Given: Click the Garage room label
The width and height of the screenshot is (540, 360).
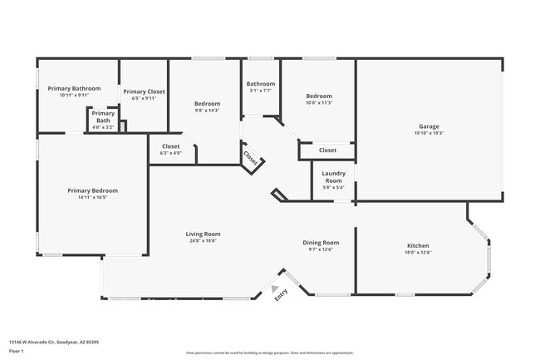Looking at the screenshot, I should pos(429,126).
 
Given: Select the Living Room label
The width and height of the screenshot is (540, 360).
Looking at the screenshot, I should pos(203,234).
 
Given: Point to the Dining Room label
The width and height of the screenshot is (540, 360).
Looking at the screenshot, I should pos(320,243).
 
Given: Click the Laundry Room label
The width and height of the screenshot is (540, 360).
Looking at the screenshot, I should pos(333,177).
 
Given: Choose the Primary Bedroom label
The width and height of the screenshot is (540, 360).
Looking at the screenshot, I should pos(92,190).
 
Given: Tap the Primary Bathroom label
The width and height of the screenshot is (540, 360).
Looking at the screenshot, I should pos(74,88).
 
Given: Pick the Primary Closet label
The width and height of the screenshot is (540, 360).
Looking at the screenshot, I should pos(144,91).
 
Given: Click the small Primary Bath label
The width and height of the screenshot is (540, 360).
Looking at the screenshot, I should pos(103,116).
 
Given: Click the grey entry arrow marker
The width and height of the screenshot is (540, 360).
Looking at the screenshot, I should pos(275,288).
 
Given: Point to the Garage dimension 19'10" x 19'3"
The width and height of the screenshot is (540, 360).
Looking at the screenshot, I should pos(429,133).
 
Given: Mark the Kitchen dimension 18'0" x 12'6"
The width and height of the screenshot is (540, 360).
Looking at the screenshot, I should pos(417,253).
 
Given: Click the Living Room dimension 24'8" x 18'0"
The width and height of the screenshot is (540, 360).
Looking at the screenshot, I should pos(203,241).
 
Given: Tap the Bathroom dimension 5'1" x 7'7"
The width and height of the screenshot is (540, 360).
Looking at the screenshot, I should pos(260,91).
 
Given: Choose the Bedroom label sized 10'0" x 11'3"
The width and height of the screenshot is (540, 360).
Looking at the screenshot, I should pos(318,96).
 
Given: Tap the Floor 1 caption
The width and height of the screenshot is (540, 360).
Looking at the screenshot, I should pos(16,350).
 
